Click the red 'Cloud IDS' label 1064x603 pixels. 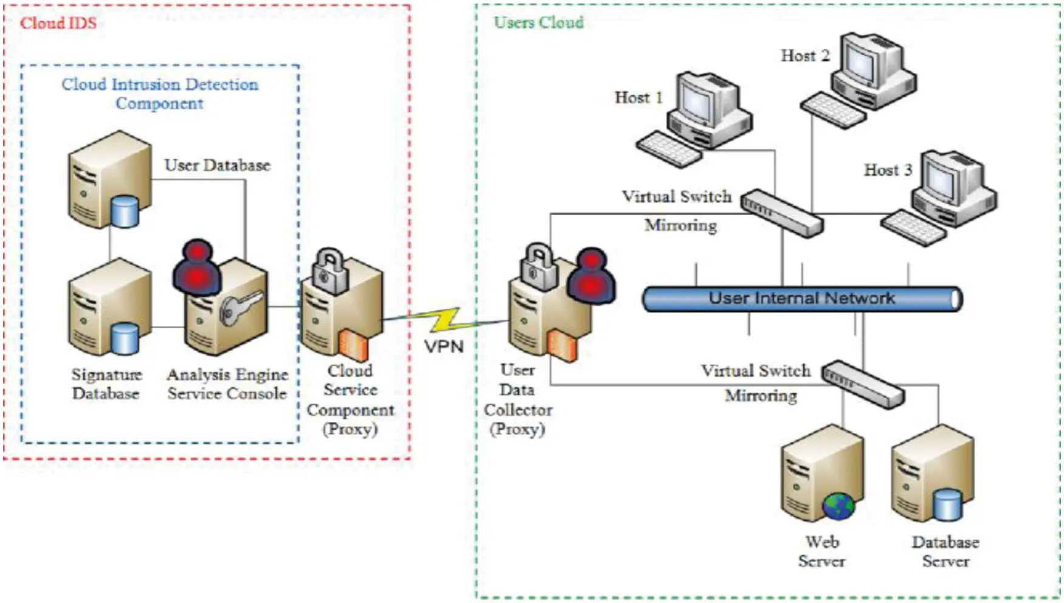click(x=58, y=24)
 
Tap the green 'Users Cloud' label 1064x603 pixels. click(x=538, y=22)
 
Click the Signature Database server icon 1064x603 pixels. click(x=109, y=307)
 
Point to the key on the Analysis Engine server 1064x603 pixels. click(x=240, y=308)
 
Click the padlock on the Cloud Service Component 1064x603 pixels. click(x=330, y=270)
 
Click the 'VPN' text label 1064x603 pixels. click(x=444, y=346)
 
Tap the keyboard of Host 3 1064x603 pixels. click(x=913, y=227)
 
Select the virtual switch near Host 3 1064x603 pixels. click(x=782, y=213)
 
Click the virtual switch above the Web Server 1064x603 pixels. click(x=863, y=384)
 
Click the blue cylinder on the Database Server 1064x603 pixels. click(x=947, y=505)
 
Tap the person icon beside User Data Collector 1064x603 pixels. click(x=590, y=275)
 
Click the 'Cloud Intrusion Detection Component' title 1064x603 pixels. click(x=160, y=93)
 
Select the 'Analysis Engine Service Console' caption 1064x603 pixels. click(x=227, y=384)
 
